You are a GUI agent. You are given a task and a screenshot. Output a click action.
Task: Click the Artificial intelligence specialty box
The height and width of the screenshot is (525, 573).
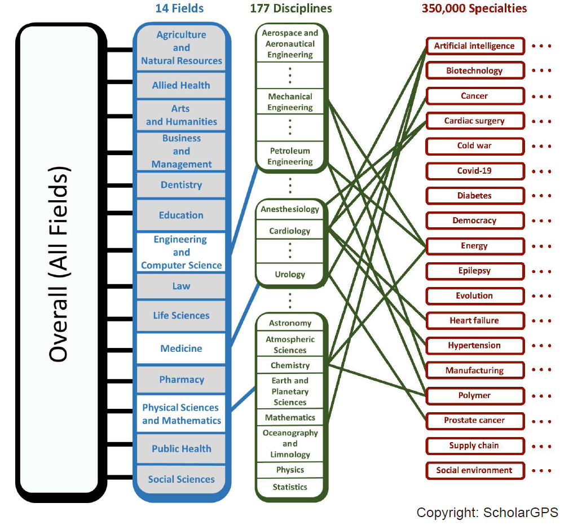click(475, 46)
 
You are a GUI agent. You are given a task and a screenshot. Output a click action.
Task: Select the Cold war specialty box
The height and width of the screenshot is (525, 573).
click(475, 146)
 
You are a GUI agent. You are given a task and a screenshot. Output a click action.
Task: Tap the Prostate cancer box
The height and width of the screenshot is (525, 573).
click(475, 421)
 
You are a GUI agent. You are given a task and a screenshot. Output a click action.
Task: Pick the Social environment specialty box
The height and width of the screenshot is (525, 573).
click(475, 470)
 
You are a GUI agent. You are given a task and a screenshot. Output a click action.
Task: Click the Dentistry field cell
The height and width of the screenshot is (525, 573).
click(181, 185)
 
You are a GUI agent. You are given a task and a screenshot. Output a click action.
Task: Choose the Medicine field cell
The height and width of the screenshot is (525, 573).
click(181, 348)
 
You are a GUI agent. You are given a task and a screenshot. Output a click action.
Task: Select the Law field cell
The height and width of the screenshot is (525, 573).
click(181, 286)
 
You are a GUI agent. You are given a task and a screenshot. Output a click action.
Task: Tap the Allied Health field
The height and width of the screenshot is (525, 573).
click(181, 86)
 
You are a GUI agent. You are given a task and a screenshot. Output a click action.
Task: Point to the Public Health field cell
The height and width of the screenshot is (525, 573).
click(181, 449)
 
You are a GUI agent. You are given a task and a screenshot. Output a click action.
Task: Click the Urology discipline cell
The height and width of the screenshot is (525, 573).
click(290, 275)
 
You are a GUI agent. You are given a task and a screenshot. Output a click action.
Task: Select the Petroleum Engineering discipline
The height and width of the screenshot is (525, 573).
click(290, 156)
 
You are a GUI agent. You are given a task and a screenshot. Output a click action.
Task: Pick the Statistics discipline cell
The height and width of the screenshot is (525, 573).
click(290, 487)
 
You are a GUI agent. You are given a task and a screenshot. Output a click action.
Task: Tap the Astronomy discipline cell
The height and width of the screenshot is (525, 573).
click(290, 323)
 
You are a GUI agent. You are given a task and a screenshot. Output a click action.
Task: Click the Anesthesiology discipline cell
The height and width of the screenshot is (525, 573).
click(290, 210)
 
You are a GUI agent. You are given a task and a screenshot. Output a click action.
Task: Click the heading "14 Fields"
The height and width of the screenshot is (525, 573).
click(179, 8)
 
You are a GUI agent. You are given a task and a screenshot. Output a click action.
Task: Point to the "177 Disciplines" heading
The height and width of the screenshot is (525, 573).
click(291, 8)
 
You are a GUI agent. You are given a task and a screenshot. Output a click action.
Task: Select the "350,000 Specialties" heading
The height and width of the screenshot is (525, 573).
click(474, 8)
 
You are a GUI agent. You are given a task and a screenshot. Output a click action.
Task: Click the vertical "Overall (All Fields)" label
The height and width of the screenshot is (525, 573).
click(59, 264)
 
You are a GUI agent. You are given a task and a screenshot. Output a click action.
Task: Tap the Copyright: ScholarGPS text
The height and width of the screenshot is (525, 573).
click(487, 512)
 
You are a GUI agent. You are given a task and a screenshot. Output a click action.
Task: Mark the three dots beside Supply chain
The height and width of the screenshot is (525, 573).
click(541, 447)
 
